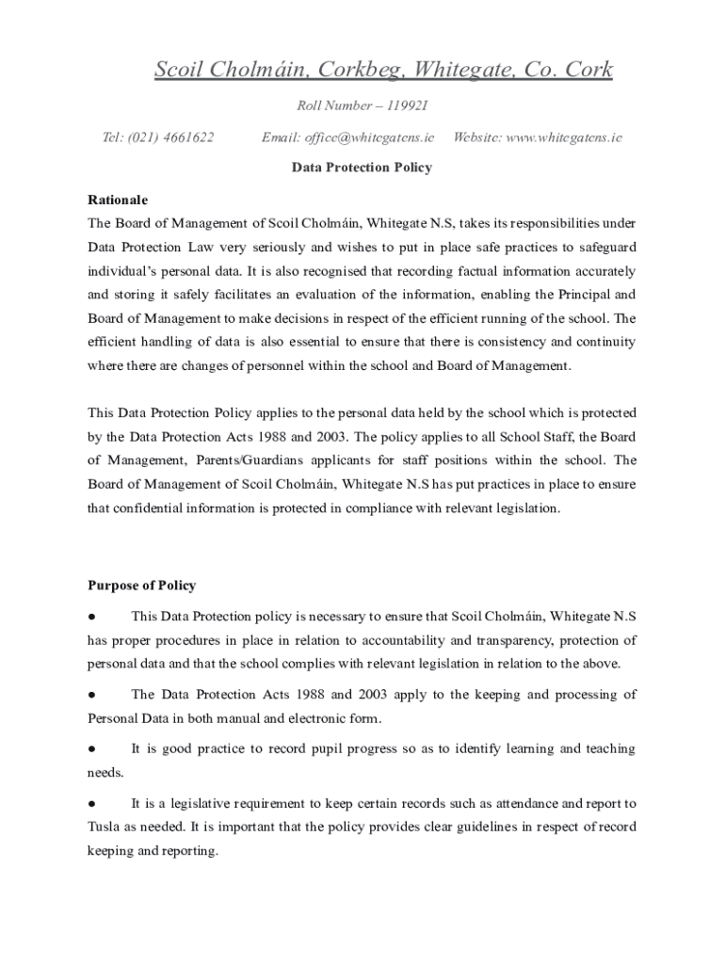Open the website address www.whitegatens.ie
pos(564,137)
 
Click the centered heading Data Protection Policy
pos(362,168)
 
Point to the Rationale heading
pos(118,201)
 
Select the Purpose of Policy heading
pos(141,586)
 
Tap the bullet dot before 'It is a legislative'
pos(91,804)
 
